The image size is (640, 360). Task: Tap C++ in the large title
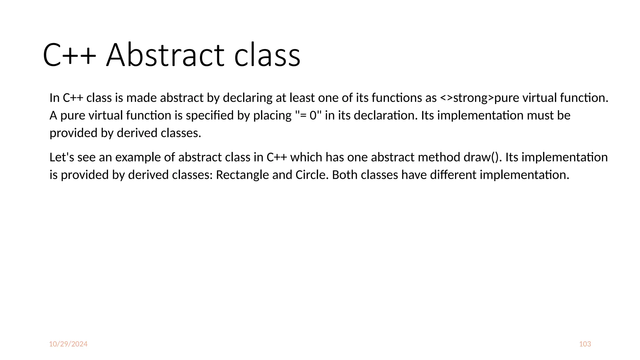tap(69, 55)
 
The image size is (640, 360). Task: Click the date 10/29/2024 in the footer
tap(68, 344)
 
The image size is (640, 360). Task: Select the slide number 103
tap(585, 344)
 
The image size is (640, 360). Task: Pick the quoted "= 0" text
tap(308, 116)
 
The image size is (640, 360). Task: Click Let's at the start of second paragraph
tap(62, 157)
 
